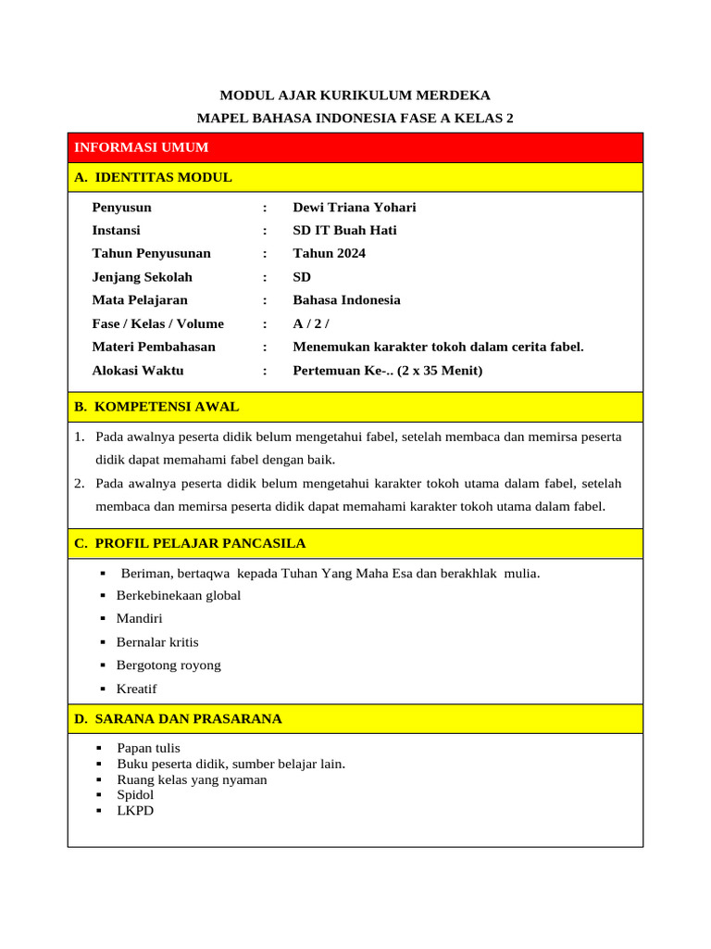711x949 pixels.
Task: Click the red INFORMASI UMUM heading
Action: click(141, 147)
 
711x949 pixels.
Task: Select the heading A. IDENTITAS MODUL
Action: click(153, 177)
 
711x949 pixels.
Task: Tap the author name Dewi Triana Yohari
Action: click(355, 208)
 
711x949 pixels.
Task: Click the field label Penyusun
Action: click(121, 208)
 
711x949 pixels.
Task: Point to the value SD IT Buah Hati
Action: click(344, 231)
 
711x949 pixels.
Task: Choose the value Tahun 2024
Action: click(329, 254)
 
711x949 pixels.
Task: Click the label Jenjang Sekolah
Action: click(142, 277)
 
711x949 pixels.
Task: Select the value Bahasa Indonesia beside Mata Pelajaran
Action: click(346, 300)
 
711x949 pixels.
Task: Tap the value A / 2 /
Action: click(311, 323)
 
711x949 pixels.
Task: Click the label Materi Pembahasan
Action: click(154, 347)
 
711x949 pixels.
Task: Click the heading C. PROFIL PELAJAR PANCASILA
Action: click(190, 543)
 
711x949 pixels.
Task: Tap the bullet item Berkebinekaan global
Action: click(178, 595)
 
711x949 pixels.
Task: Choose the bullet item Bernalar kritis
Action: click(157, 641)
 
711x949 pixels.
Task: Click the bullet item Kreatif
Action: click(136, 689)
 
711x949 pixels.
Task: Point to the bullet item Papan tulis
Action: click(148, 748)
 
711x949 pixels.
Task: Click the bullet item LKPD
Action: click(135, 811)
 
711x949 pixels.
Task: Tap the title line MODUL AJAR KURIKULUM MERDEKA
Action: click(355, 95)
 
